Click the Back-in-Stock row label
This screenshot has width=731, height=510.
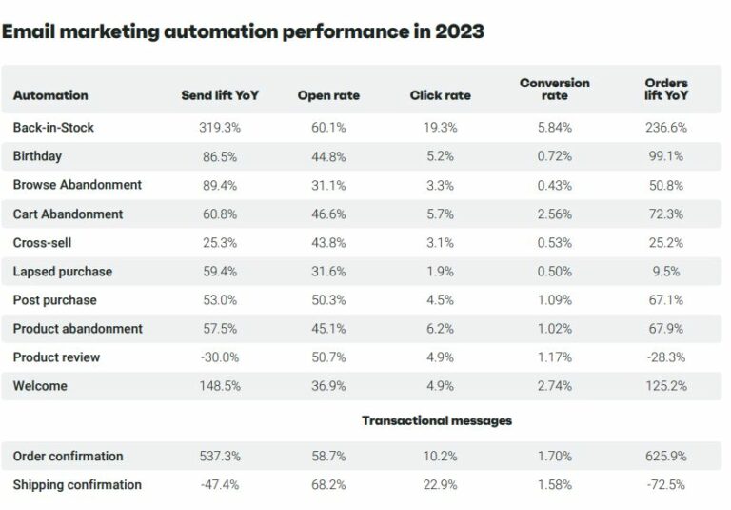(x=53, y=128)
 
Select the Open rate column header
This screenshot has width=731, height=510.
(x=328, y=95)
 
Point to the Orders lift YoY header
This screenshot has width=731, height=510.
(x=666, y=89)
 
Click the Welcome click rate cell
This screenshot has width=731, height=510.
(x=440, y=386)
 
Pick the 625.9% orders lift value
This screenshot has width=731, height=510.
(x=666, y=457)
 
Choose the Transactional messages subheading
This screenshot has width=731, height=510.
(x=437, y=420)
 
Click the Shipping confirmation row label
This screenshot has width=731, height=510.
(x=77, y=485)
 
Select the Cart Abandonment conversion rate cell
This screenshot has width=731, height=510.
(x=554, y=214)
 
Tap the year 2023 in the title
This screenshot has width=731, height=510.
(x=459, y=31)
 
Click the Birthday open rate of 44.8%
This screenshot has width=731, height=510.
(x=328, y=156)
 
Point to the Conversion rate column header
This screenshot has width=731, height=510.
(x=554, y=89)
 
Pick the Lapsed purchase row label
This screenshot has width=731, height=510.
(x=63, y=272)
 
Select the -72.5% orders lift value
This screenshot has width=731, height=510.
(x=666, y=485)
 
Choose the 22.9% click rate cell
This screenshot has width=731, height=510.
(x=440, y=485)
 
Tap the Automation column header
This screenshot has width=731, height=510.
(x=50, y=95)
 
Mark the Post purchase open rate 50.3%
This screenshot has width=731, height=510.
(x=328, y=300)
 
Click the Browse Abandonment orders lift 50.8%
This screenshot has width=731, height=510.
(x=666, y=185)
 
